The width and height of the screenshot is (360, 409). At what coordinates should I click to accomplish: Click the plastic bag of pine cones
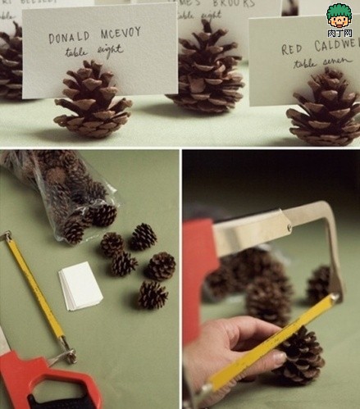[x=70, y=193]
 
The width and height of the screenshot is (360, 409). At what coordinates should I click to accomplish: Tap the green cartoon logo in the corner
[x=339, y=18]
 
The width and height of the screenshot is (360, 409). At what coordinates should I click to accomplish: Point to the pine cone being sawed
[x=299, y=357]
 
